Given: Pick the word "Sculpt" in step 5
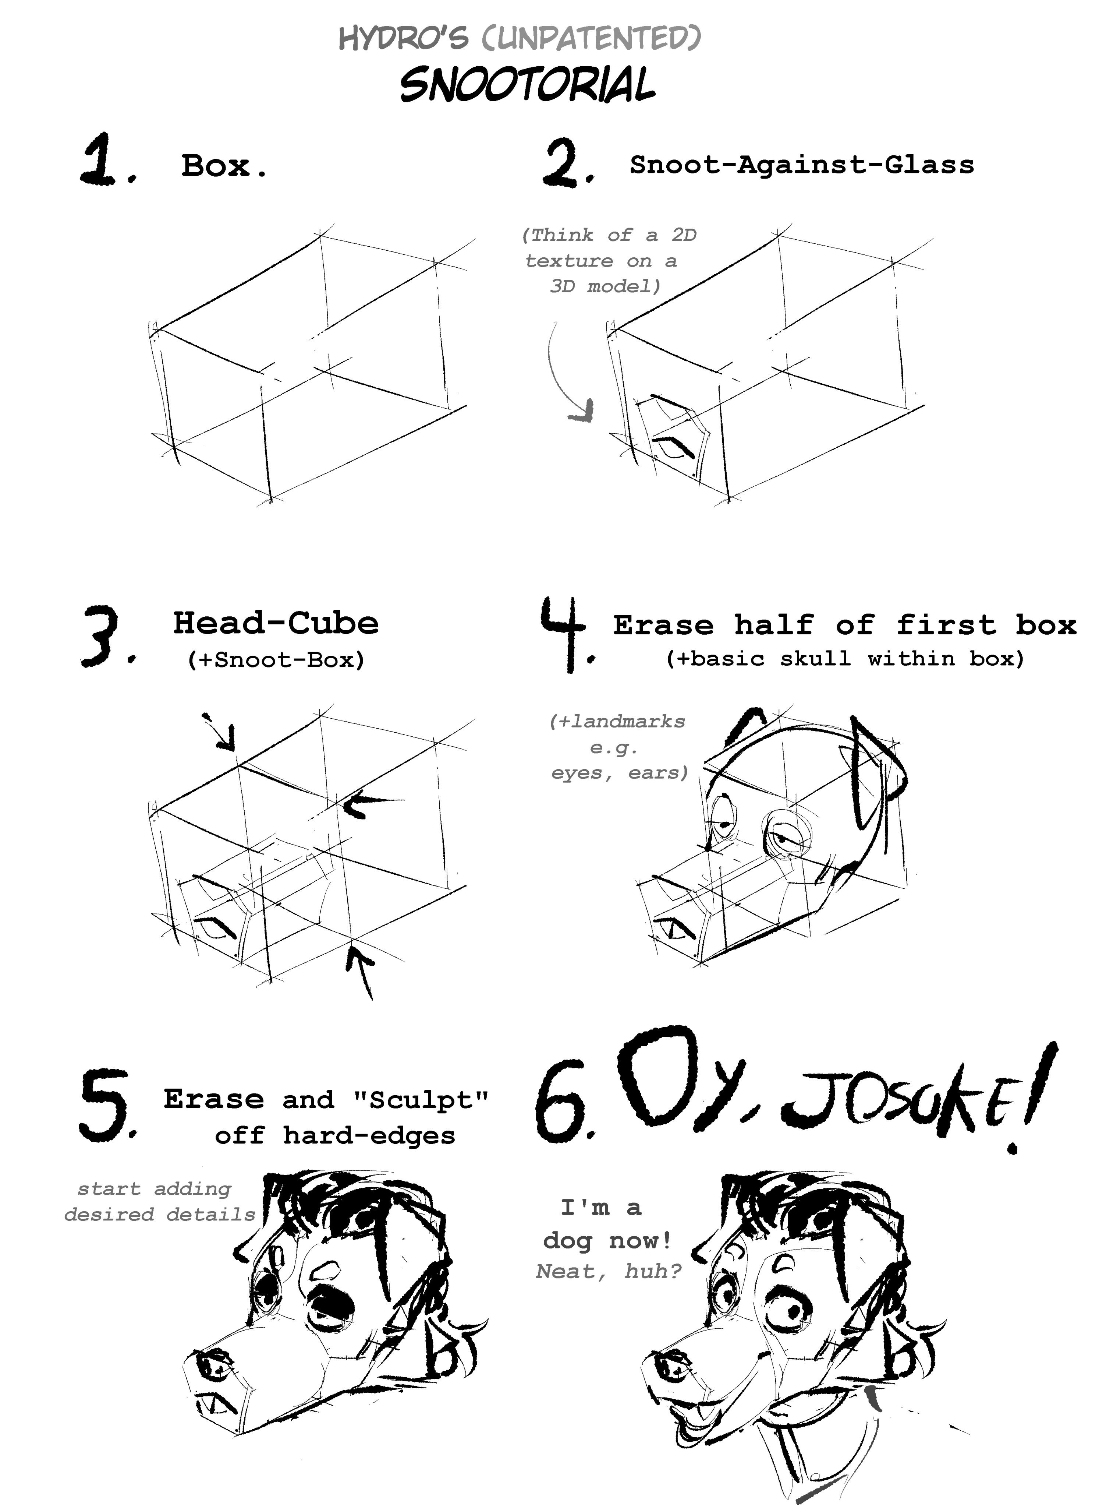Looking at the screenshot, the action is tap(421, 1099).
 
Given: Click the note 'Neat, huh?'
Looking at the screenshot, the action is tap(609, 1271).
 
